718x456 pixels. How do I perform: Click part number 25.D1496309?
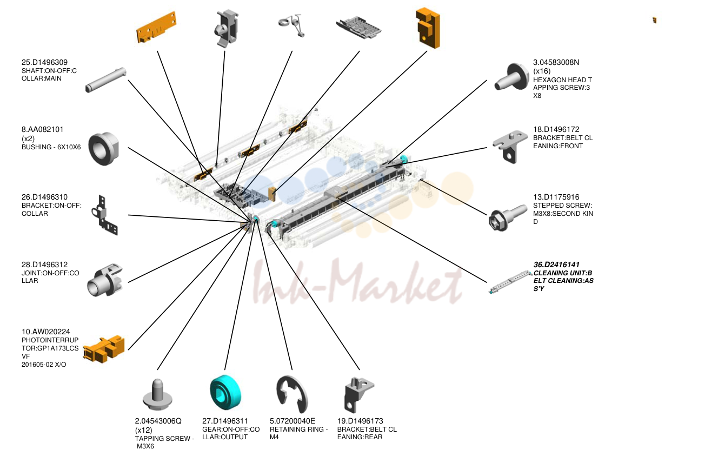pyautogui.click(x=44, y=62)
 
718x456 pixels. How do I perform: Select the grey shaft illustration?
pyautogui.click(x=106, y=80)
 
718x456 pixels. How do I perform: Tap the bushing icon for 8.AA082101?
pyautogui.click(x=104, y=149)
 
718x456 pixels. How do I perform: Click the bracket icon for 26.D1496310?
pyautogui.click(x=104, y=215)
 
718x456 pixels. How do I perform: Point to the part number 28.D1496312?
pyautogui.click(x=44, y=265)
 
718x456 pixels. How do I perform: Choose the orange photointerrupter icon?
pyautogui.click(x=104, y=349)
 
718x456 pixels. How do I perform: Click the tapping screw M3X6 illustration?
pyautogui.click(x=157, y=394)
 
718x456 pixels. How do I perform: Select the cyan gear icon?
pyautogui.click(x=225, y=392)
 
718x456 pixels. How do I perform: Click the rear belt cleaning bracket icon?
pyautogui.click(x=358, y=395)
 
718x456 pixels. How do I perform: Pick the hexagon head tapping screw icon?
pyautogui.click(x=511, y=77)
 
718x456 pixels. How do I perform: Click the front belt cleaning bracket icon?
pyautogui.click(x=510, y=147)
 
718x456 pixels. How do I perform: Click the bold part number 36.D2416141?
pyautogui.click(x=556, y=265)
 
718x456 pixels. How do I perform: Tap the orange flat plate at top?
pyautogui.click(x=157, y=27)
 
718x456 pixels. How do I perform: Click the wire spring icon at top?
pyautogui.click(x=291, y=25)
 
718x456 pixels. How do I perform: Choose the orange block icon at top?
pyautogui.click(x=428, y=28)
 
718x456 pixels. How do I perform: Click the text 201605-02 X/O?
pyautogui.click(x=44, y=365)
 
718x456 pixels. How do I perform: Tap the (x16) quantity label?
pyautogui.click(x=542, y=71)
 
